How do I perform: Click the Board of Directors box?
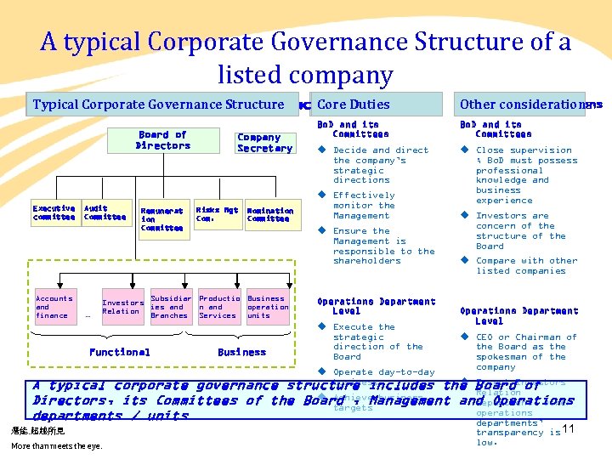(x=162, y=140)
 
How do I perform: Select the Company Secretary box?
(x=264, y=143)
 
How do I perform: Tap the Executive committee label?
(x=54, y=212)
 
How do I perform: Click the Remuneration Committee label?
(x=161, y=219)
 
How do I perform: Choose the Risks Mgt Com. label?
(x=217, y=213)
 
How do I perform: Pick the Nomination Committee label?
(x=269, y=214)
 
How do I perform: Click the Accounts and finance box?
(x=54, y=307)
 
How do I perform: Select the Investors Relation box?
(x=122, y=306)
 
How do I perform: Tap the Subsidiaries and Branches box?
(x=170, y=307)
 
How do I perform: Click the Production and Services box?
(x=218, y=307)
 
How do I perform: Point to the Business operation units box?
(x=266, y=307)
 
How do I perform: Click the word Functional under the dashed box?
(x=119, y=352)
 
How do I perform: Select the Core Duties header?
(x=374, y=105)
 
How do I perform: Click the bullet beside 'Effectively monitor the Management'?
(x=322, y=195)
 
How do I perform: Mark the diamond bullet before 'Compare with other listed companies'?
(x=465, y=260)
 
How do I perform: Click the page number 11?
(x=569, y=429)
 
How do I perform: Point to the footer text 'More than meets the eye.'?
(x=56, y=445)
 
